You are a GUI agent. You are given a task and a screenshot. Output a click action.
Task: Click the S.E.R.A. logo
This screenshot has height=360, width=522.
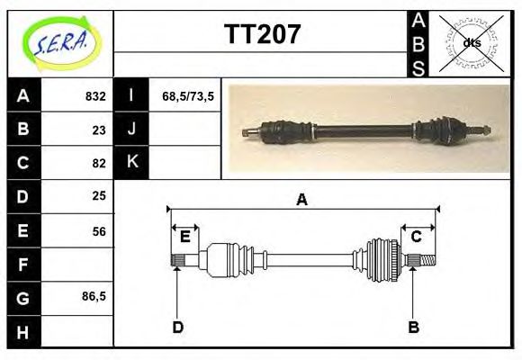tap(58, 43)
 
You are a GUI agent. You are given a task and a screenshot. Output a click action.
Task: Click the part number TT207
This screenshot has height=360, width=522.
tap(261, 35)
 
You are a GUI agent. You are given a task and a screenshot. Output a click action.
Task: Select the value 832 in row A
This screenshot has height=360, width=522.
tap(94, 96)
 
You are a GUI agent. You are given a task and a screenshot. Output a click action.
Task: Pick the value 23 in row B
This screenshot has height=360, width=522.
tap(99, 130)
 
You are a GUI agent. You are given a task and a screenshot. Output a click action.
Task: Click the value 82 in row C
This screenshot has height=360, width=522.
tap(99, 163)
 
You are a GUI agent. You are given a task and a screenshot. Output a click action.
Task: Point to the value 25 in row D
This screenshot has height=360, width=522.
tap(99, 195)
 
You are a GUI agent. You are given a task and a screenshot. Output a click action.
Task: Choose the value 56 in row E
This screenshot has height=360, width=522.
tap(99, 231)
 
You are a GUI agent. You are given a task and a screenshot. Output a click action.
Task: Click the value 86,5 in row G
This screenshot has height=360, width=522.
tap(94, 295)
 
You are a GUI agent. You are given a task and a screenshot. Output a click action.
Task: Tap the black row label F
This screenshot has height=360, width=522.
tap(23, 265)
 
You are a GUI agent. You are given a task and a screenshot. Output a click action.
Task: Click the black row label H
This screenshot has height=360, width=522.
tap(23, 332)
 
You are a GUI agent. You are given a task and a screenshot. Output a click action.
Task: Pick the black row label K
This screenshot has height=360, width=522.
tap(131, 162)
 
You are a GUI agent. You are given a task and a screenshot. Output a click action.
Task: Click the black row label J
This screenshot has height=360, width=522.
tap(131, 129)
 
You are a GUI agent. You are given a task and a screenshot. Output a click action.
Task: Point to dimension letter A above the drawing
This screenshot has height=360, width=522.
tap(301, 200)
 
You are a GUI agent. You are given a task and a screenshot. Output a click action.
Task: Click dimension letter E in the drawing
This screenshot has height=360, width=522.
tap(184, 237)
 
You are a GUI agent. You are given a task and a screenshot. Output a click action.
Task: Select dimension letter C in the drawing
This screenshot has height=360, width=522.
tap(417, 237)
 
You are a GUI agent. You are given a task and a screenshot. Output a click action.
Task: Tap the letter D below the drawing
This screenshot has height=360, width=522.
tap(177, 328)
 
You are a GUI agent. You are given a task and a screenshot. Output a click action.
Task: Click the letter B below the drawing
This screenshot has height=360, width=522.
tap(413, 328)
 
